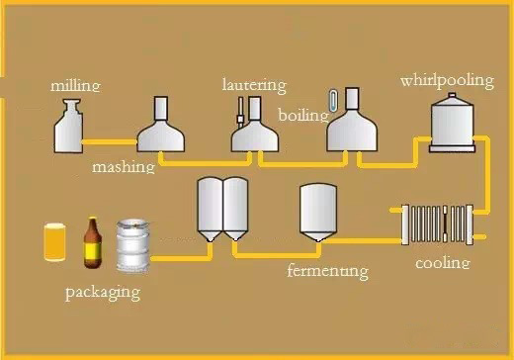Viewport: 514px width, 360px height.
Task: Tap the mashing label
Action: pos(124,167)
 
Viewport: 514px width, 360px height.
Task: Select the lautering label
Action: pos(254,85)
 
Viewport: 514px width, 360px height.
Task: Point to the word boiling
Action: pos(302,115)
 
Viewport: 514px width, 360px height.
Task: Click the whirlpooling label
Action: pos(446,80)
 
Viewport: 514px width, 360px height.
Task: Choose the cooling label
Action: pos(442,263)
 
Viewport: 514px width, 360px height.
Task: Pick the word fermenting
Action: pos(327,270)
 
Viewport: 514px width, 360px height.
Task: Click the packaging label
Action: pos(103,292)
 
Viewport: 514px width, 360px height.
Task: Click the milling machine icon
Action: pos(68,127)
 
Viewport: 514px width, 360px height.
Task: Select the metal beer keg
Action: pos(132,246)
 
